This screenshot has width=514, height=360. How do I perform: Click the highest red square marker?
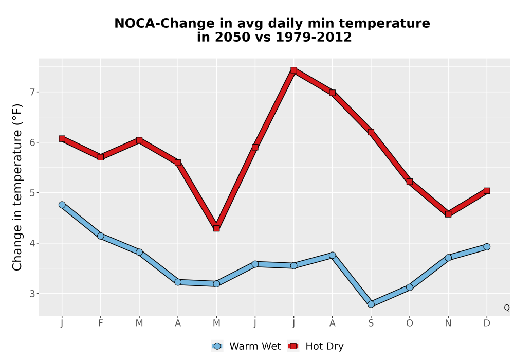click(293, 70)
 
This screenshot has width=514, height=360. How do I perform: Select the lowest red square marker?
click(216, 228)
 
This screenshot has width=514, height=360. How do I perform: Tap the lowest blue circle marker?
click(371, 304)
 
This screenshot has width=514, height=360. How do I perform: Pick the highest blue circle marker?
click(62, 205)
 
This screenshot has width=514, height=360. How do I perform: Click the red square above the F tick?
click(101, 157)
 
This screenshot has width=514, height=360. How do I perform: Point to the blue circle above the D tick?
click(487, 247)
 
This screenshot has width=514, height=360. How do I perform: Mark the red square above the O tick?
click(410, 182)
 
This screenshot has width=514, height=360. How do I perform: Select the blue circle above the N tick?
click(448, 258)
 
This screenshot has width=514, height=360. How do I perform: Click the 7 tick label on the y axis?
click(32, 92)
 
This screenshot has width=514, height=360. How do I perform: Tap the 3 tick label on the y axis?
click(32, 294)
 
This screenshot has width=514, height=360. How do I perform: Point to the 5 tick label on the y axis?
click(32, 193)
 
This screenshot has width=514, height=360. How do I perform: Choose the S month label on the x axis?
click(371, 323)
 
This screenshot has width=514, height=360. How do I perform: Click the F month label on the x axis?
click(101, 323)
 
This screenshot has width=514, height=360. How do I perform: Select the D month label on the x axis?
click(487, 323)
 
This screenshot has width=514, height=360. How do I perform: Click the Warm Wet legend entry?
click(246, 346)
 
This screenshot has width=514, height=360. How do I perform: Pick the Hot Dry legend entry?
click(316, 346)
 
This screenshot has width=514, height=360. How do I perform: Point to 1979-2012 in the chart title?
click(314, 37)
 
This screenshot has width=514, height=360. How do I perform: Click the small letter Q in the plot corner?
click(507, 308)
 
